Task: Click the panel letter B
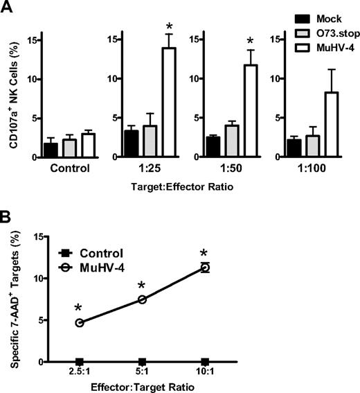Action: [8, 220]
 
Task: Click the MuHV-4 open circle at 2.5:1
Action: [80, 322]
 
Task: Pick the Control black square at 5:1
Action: [142, 362]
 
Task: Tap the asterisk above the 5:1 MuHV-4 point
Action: [142, 285]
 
